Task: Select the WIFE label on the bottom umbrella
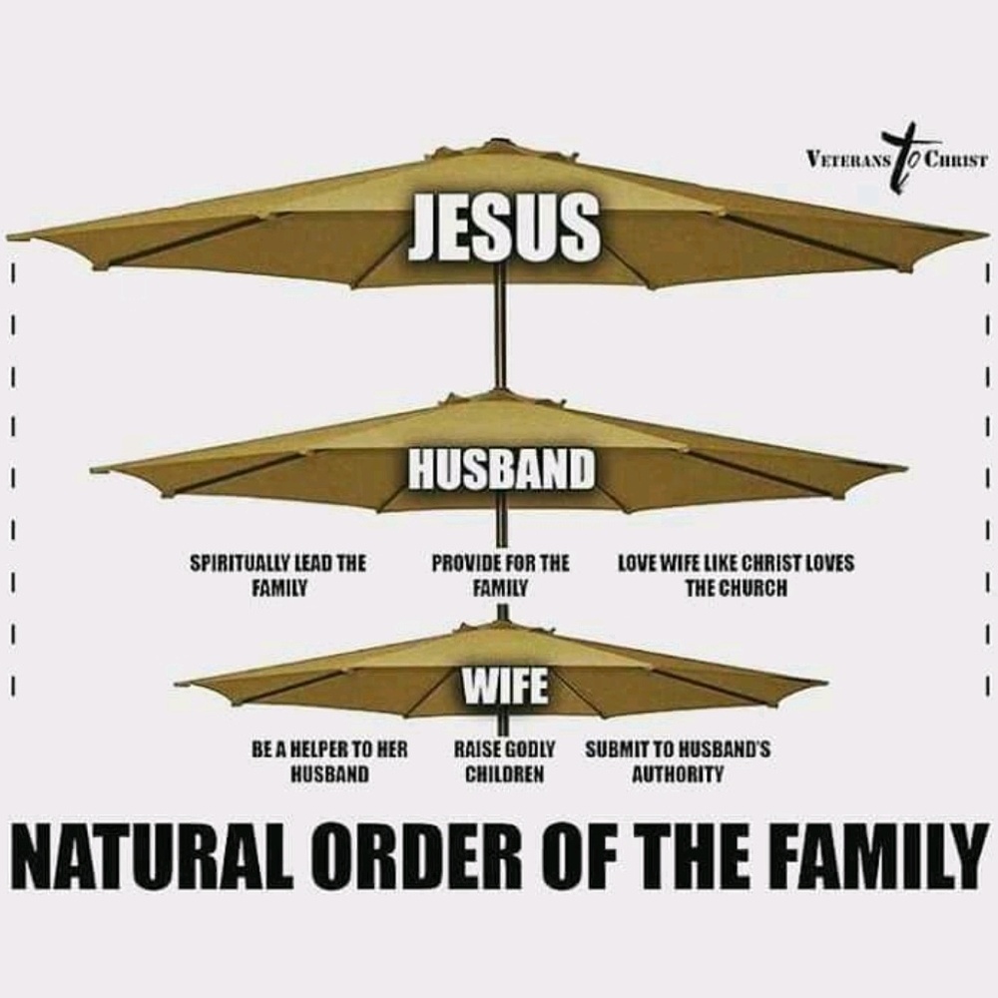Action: [x=503, y=685]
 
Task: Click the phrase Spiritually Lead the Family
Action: [x=278, y=576]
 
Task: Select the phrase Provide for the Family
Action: [x=500, y=576]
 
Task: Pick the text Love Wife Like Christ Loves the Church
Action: [x=736, y=576]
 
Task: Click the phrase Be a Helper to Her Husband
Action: [x=329, y=760]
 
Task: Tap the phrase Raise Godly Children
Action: [x=504, y=760]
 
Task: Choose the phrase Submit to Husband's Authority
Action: [x=678, y=760]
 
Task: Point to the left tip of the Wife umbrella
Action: [x=180, y=685]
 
